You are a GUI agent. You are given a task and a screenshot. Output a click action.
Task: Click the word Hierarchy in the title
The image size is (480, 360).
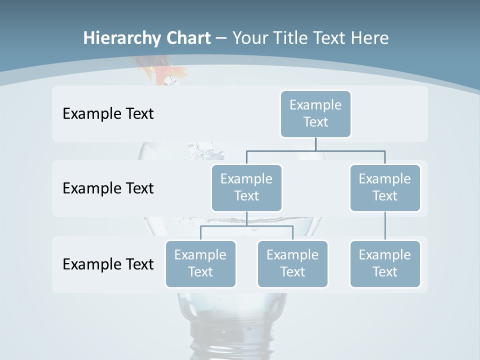pyautogui.click(x=121, y=38)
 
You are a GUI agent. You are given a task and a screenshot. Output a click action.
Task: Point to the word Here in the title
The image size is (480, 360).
pyautogui.click(x=369, y=38)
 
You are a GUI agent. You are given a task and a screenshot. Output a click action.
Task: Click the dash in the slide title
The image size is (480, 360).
pyautogui.click(x=221, y=38)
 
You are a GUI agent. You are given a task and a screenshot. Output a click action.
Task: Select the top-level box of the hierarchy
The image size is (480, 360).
pyautogui.click(x=315, y=113)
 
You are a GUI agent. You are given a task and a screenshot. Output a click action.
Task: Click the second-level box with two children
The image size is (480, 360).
pyautogui.click(x=246, y=187)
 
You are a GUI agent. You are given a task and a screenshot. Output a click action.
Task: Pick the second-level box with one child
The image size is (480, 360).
pyautogui.click(x=385, y=187)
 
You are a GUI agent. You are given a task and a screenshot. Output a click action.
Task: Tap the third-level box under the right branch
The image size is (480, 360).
pyautogui.click(x=385, y=263)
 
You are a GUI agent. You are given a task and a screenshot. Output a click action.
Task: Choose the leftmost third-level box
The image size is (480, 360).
pyautogui.click(x=200, y=263)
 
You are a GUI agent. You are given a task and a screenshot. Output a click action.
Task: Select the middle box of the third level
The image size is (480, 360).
pyautogui.click(x=292, y=263)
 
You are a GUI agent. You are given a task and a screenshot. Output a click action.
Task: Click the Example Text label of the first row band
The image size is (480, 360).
pyautogui.click(x=108, y=114)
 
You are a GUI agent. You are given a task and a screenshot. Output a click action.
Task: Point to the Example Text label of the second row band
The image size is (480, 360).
pyautogui.click(x=108, y=188)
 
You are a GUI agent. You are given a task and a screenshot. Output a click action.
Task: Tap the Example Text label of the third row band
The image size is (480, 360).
pyautogui.click(x=108, y=264)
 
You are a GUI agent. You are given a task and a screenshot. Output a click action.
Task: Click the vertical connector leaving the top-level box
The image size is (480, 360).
pyautogui.click(x=315, y=144)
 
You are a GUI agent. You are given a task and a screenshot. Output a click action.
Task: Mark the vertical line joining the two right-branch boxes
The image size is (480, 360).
pyautogui.click(x=385, y=226)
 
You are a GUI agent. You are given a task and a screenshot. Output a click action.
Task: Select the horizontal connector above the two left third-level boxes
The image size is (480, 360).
pyautogui.click(x=246, y=226)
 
